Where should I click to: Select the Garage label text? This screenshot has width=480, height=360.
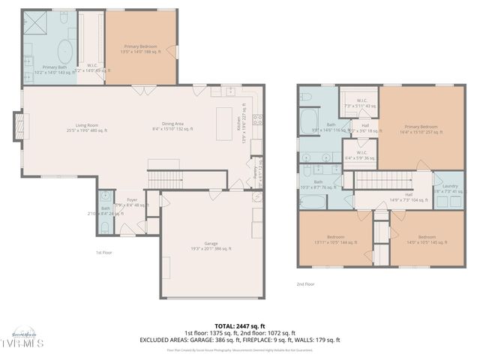211,245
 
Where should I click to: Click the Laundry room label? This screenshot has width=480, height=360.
450,188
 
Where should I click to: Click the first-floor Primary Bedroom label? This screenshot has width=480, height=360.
140,49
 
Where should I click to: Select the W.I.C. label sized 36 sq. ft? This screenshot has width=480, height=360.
360,156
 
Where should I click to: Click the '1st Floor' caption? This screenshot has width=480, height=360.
104,253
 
